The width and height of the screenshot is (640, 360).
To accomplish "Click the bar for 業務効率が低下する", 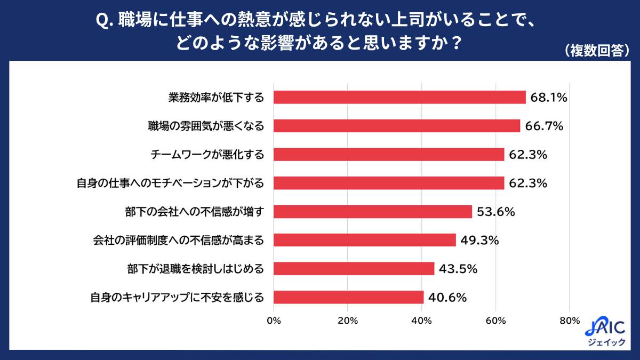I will [399, 97].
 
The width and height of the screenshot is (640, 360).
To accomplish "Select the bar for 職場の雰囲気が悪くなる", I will [397, 126].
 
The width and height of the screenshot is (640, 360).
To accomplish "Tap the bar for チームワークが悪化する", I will [389, 155].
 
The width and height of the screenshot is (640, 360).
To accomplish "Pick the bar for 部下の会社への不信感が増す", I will [373, 212].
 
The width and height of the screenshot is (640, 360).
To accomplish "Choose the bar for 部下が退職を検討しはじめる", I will [354, 269].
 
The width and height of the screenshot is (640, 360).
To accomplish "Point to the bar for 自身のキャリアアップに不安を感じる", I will [349, 297].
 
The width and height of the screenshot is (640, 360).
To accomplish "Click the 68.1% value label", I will [548, 98].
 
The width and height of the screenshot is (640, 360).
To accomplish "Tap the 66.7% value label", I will [542, 126].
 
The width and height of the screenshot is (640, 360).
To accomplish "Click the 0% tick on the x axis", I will [274, 321].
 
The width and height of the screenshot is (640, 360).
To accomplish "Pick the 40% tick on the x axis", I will [422, 321].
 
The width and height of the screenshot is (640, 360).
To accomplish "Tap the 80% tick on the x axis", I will [570, 321].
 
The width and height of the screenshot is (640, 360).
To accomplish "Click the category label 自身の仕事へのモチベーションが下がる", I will [171, 183].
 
